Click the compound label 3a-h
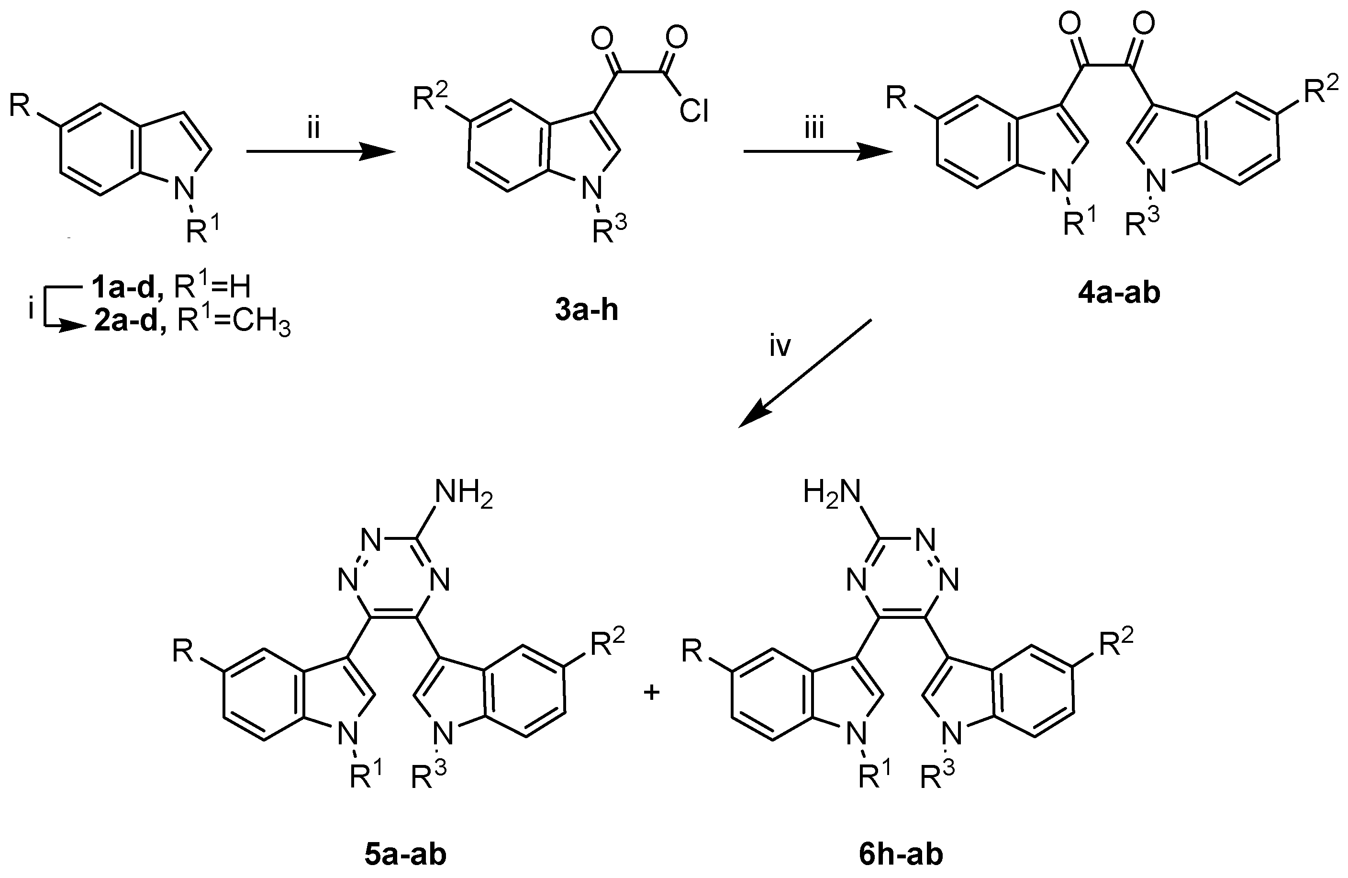[x=586, y=311]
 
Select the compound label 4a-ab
[x=1119, y=294]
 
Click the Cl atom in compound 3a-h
[x=694, y=112]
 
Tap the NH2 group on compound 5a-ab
[x=463, y=494]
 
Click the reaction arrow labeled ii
[x=321, y=152]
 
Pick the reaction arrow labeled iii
[x=818, y=152]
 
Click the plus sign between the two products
[x=652, y=693]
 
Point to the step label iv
[x=780, y=346]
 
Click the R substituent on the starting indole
[x=20, y=106]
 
